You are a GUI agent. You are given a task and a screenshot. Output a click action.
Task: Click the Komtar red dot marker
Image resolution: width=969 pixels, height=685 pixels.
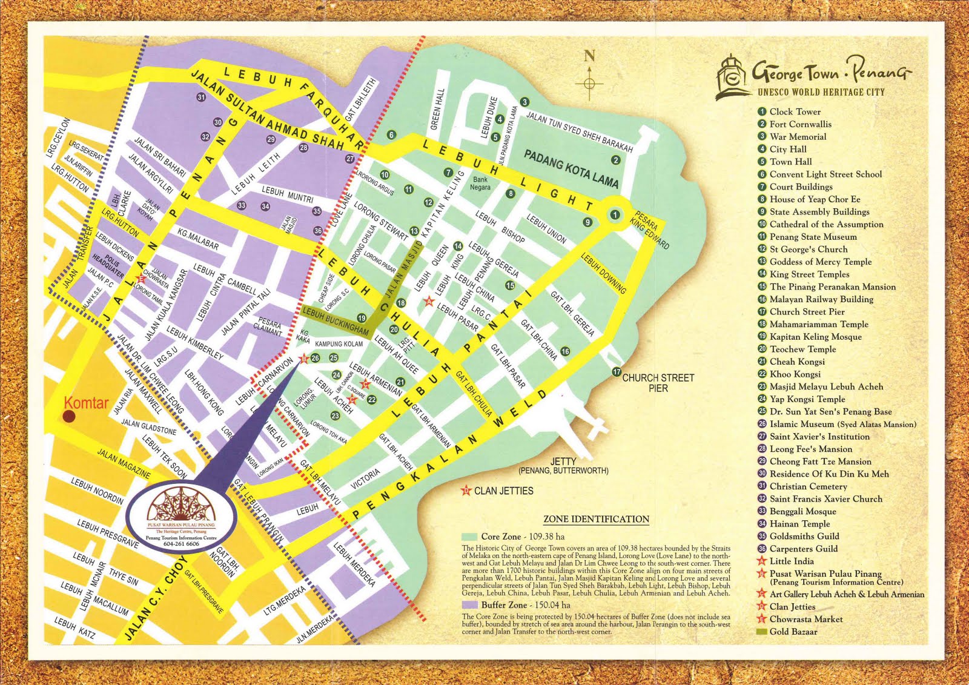point(70,417)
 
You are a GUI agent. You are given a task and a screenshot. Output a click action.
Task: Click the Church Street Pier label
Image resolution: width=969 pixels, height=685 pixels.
point(658,382)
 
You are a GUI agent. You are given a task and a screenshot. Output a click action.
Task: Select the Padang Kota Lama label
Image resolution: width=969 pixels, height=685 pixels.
point(571,168)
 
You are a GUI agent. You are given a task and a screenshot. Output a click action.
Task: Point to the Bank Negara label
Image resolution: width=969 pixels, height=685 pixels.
point(480,183)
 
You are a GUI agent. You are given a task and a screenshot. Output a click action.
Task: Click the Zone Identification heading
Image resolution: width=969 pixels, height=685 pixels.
point(596,519)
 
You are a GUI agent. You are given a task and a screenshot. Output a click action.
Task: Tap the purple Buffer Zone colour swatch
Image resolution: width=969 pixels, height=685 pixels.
point(469,604)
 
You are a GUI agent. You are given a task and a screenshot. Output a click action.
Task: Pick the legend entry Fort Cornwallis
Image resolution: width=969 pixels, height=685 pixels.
point(800,124)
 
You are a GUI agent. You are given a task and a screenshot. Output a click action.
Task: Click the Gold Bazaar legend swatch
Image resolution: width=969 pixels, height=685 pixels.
point(762,632)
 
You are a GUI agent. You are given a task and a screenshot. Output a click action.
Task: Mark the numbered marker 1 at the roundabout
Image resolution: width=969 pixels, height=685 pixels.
point(615,214)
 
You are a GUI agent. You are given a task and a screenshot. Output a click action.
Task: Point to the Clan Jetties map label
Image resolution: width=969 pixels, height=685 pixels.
point(503,491)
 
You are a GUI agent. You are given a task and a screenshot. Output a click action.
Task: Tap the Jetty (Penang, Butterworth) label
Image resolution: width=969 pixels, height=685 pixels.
point(563,466)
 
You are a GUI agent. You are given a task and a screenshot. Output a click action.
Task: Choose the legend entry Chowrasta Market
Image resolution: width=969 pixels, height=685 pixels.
point(805,619)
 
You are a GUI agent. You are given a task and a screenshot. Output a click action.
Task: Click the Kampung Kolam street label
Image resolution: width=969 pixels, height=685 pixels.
point(339,344)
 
